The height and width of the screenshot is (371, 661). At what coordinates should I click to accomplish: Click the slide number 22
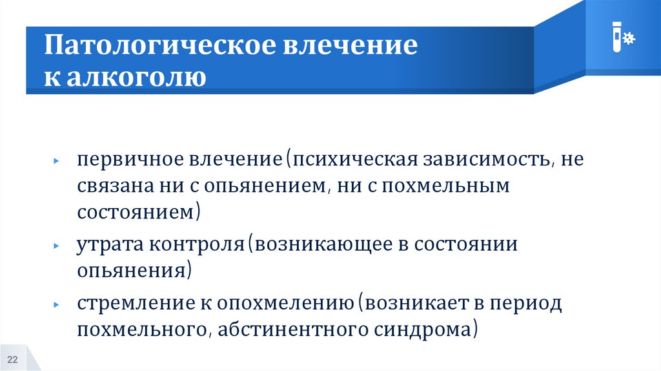tap(12, 359)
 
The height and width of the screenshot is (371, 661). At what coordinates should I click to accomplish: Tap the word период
tap(529, 303)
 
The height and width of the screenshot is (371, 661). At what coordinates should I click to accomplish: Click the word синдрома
tap(426, 330)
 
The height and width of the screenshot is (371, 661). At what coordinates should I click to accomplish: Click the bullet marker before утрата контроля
tap(57, 247)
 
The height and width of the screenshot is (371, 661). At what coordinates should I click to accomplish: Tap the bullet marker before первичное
tap(57, 160)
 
